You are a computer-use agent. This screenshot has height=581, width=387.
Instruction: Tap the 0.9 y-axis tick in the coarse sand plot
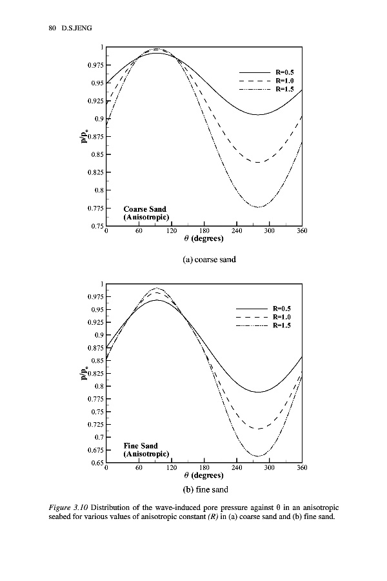(x=97, y=119)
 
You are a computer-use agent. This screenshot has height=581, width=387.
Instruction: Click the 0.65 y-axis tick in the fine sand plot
(x=95, y=463)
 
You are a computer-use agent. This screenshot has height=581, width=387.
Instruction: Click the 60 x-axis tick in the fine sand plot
(x=139, y=467)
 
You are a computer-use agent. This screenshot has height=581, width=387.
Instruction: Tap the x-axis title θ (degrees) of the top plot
(x=203, y=238)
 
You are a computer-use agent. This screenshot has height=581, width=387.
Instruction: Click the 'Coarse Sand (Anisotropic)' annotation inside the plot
(x=146, y=214)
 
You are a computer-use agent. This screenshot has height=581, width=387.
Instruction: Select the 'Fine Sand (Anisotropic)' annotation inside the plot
(x=146, y=450)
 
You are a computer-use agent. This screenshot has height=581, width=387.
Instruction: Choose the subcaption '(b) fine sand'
(x=203, y=489)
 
